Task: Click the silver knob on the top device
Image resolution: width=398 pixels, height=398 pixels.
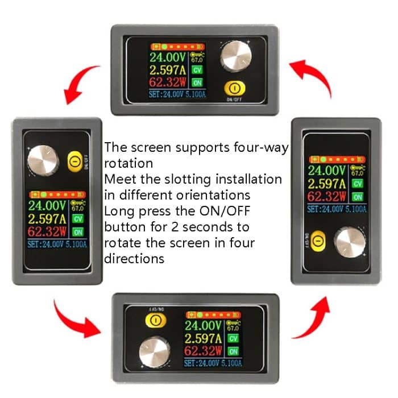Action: pos(235,55)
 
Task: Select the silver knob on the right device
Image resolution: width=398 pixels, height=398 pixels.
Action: pos(350,242)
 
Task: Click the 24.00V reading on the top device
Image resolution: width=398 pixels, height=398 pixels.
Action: pos(168,57)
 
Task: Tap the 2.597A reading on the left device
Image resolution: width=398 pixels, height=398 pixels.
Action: pos(48,218)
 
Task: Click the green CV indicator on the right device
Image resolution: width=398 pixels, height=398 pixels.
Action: pos(357,184)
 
